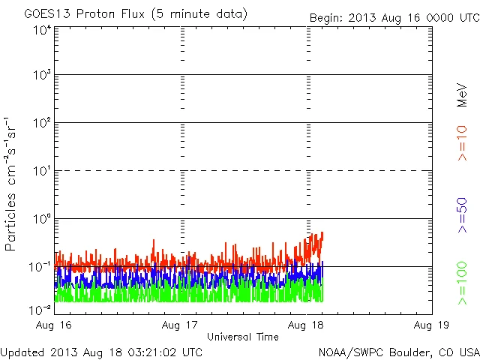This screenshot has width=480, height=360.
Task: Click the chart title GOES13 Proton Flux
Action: pyautogui.click(x=135, y=14)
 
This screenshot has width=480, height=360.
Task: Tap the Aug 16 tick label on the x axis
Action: pyautogui.click(x=55, y=325)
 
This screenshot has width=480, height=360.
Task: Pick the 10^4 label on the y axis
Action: pyautogui.click(x=41, y=30)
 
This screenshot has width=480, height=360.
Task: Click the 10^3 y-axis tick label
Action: pyautogui.click(x=41, y=75)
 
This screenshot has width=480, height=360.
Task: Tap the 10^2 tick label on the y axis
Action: pyautogui.click(x=41, y=123)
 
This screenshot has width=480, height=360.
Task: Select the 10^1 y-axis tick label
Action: pyautogui.click(x=41, y=171)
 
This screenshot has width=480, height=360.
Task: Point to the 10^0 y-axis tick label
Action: pyautogui.click(x=41, y=219)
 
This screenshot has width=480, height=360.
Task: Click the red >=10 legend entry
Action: pyautogui.click(x=462, y=143)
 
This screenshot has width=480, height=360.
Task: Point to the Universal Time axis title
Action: pyautogui.click(x=243, y=337)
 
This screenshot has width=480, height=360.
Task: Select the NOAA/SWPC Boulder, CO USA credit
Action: pyautogui.click(x=398, y=352)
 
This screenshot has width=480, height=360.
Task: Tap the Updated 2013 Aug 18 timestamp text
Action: pyautogui.click(x=102, y=352)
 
